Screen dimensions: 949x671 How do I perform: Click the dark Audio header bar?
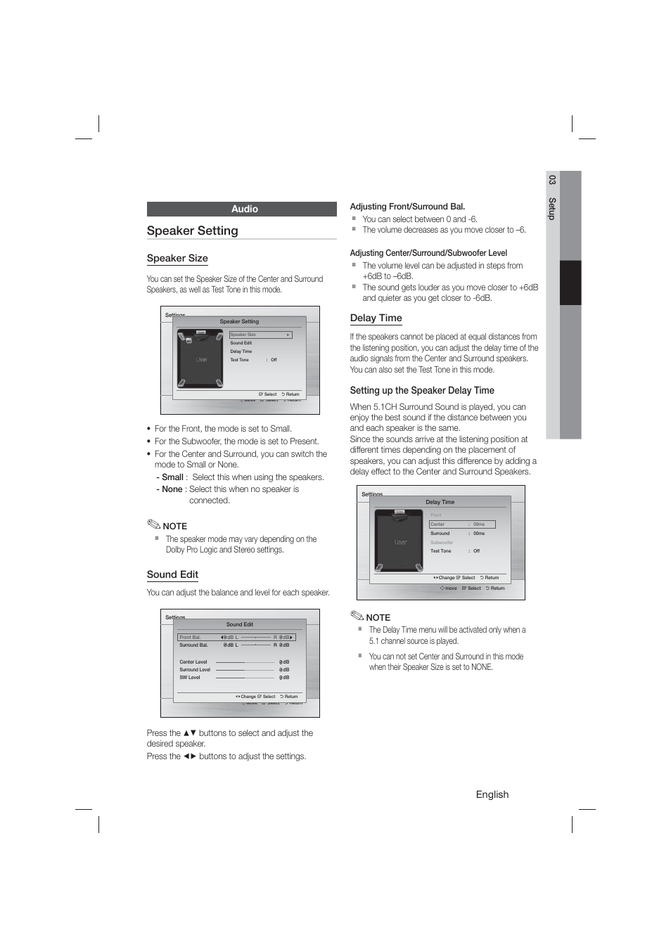pos(241,209)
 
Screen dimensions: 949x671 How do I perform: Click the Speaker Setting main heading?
pos(192,231)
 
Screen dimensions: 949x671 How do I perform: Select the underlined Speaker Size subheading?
pos(177,258)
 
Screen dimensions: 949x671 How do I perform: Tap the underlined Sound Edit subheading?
pos(172,574)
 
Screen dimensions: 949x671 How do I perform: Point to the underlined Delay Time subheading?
pos(376,318)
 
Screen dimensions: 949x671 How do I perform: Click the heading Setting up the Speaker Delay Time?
pos(421,390)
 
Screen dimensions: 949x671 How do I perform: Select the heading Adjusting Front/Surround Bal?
pos(407,207)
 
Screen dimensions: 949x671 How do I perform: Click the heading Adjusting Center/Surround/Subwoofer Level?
pos(428,253)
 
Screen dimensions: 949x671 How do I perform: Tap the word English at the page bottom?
pos(492,794)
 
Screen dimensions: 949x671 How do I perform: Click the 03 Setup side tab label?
pos(552,198)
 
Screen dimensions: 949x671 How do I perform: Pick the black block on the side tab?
pos(570,283)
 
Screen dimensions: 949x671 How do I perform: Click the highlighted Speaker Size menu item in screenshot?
pos(260,335)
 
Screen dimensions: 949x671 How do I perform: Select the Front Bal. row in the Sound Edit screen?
pos(236,637)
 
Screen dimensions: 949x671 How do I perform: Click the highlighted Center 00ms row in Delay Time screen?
pos(462,524)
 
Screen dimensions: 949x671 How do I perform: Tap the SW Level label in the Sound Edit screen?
pos(190,678)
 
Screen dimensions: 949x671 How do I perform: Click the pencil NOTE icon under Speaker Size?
pos(154,524)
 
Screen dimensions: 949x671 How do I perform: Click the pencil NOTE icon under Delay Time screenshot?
pos(357,616)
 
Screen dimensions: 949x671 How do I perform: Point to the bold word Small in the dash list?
pos(172,477)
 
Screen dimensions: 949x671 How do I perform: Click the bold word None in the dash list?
pos(172,489)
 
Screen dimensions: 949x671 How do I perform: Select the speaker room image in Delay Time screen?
pos(399,540)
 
